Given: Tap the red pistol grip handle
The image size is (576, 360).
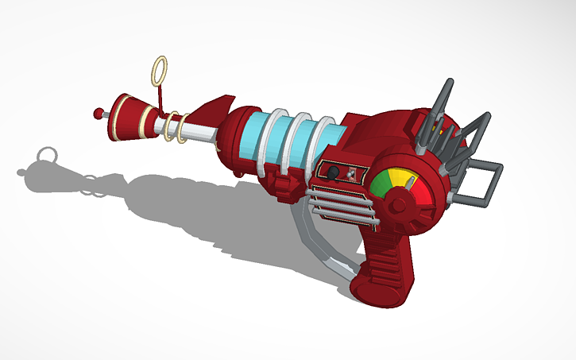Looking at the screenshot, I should (x=382, y=270).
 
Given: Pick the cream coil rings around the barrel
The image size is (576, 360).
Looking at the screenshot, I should (x=176, y=128).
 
